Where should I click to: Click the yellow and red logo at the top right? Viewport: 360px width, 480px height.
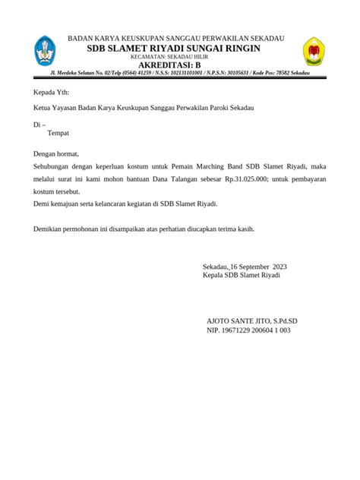tap(313, 52)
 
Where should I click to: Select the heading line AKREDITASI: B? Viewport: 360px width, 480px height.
tap(175, 65)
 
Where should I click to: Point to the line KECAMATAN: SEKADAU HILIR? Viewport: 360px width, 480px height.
tap(175, 57)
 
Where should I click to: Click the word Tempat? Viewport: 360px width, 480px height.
tap(58, 133)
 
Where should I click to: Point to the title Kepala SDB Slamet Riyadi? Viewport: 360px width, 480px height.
tap(242, 275)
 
